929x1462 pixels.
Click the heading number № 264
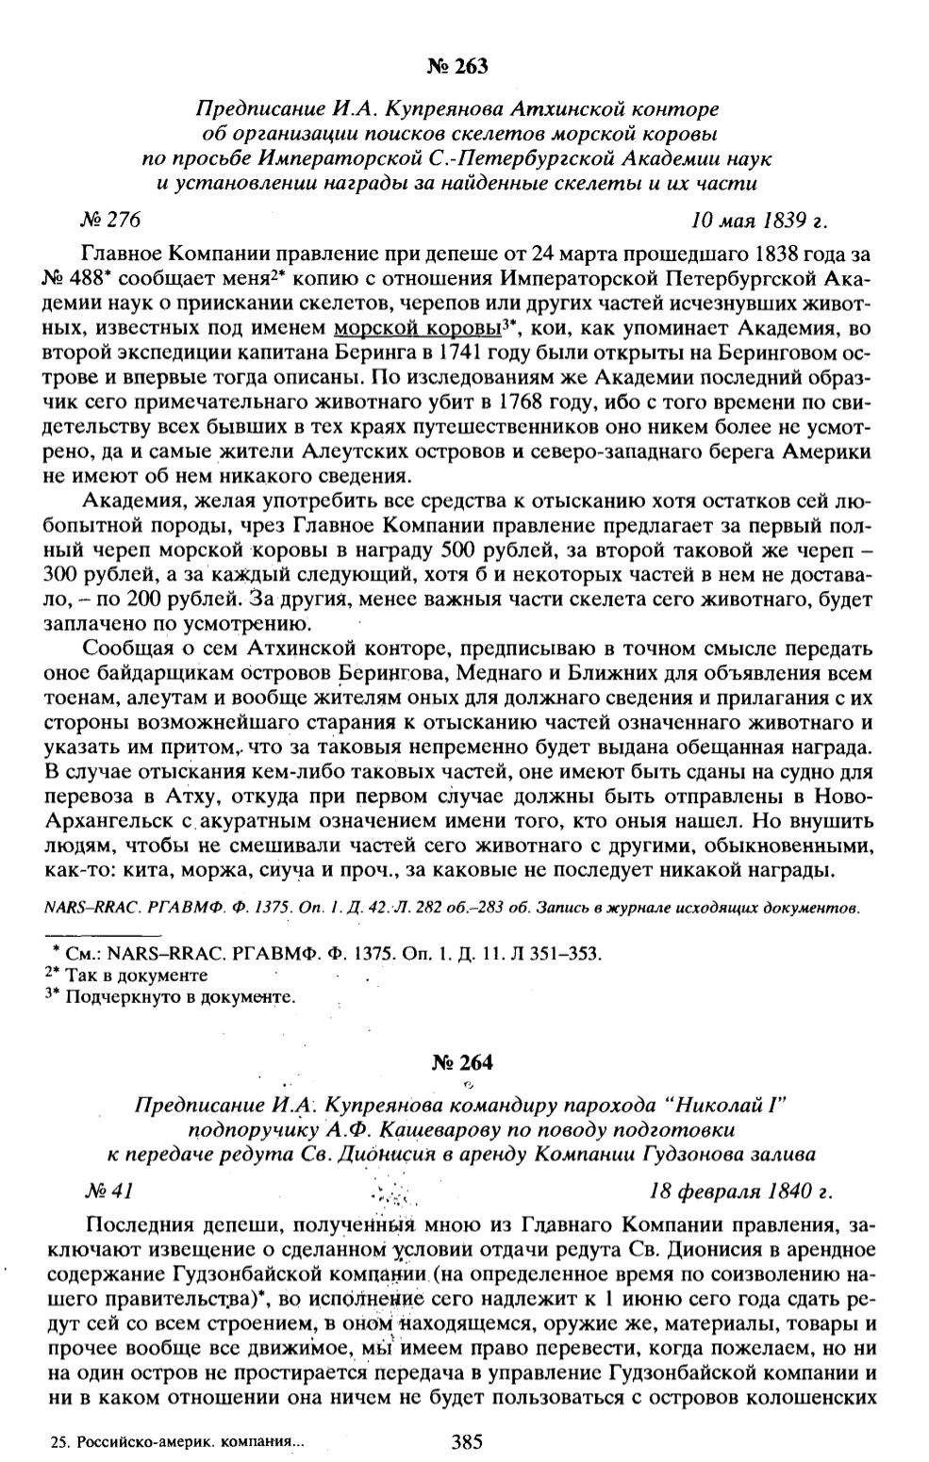462,1062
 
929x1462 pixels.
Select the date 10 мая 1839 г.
758,221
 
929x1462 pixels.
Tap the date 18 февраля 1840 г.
740,1191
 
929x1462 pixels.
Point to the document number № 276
111,221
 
